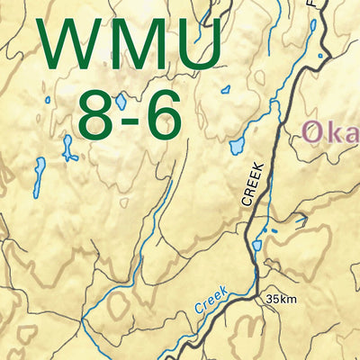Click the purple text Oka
(331, 133)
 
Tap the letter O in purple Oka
(315, 133)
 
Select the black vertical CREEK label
(253, 185)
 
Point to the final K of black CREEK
(253, 167)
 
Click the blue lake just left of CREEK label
(237, 145)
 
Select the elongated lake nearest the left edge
(39, 178)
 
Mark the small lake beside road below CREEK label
(257, 244)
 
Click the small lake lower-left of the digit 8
(68, 148)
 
